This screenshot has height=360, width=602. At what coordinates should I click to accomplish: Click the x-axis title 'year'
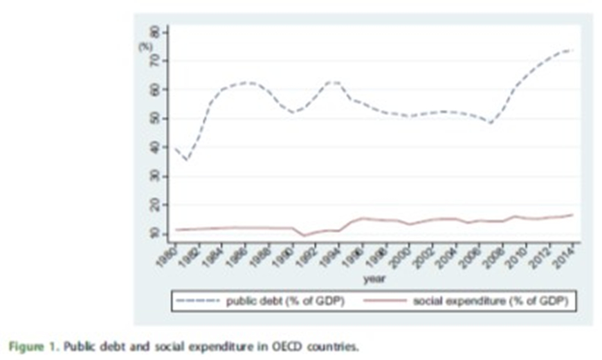[374, 278]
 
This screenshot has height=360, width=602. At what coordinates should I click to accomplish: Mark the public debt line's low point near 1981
[185, 161]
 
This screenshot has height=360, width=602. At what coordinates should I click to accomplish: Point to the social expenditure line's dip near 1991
[304, 236]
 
